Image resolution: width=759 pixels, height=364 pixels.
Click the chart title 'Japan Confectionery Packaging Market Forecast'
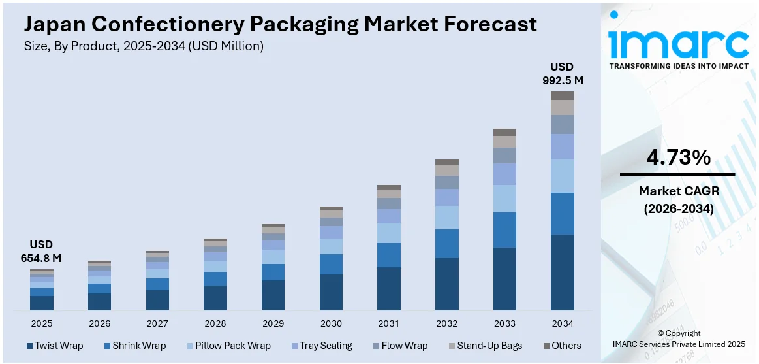click(x=281, y=24)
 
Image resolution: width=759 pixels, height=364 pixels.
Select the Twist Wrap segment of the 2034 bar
click(x=562, y=272)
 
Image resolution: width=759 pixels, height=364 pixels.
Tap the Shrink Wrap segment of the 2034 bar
click(x=562, y=213)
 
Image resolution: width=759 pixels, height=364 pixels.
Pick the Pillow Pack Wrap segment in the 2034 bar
click(x=562, y=175)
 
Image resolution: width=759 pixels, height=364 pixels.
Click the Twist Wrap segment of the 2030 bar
click(x=331, y=292)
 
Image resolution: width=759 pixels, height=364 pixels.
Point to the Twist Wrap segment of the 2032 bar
click(x=446, y=284)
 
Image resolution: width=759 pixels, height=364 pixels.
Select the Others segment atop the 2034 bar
click(x=562, y=95)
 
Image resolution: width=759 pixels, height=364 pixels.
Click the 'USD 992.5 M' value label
click(x=562, y=74)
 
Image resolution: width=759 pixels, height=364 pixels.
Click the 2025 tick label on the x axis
click(x=42, y=323)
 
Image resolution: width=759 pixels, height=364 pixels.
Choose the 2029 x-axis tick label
click(x=273, y=323)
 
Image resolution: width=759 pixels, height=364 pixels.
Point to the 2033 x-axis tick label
click(x=504, y=323)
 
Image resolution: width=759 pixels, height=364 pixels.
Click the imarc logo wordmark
click(x=679, y=42)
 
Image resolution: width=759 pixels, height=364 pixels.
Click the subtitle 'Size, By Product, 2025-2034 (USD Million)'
click(x=144, y=46)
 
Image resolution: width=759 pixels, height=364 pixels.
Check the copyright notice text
click(x=679, y=339)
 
